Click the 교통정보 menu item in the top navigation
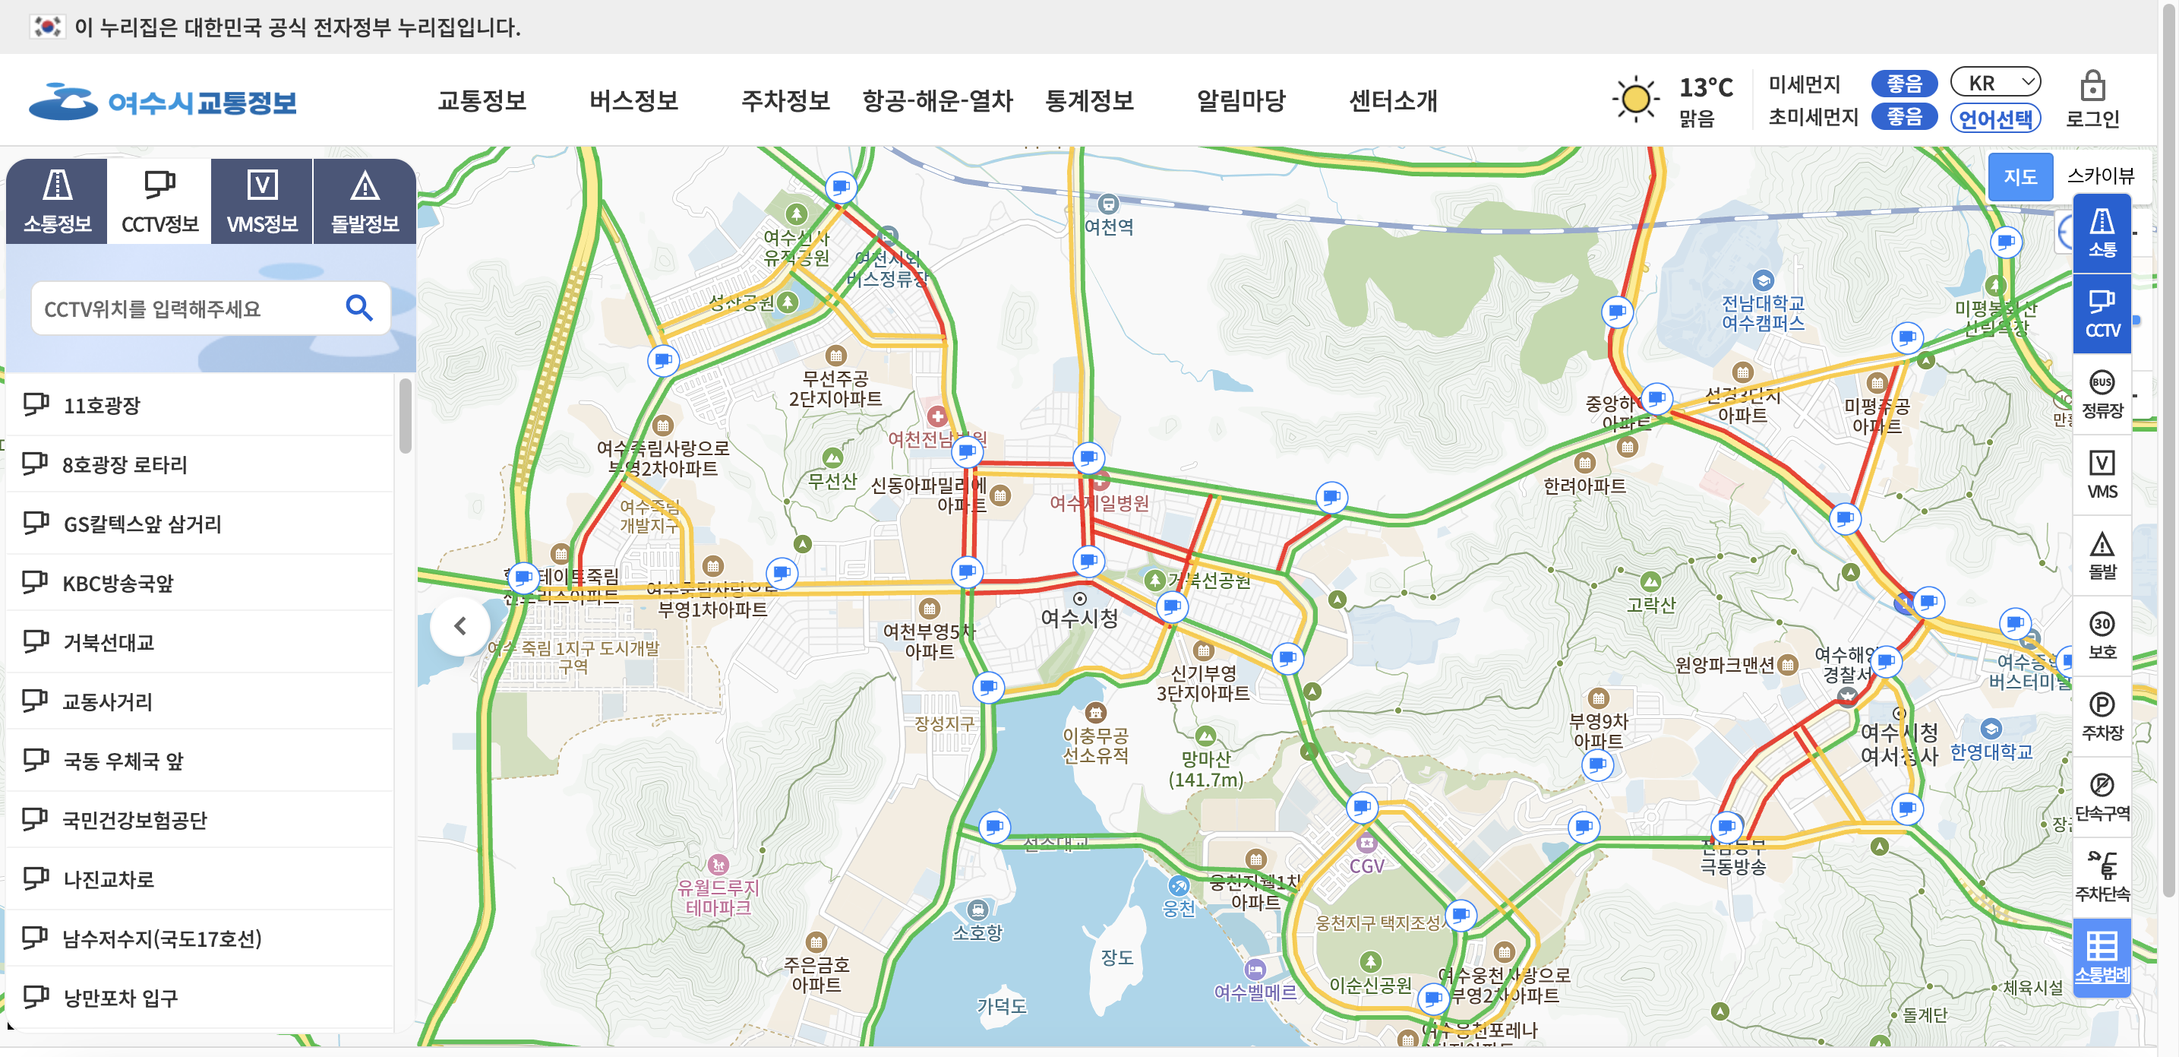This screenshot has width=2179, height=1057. (482, 101)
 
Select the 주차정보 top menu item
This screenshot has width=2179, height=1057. (785, 101)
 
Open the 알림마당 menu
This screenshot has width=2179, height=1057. (1240, 101)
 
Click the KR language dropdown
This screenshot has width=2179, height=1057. (1995, 82)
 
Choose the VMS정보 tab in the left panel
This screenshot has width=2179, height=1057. (262, 201)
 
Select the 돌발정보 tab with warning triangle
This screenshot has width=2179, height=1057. (365, 201)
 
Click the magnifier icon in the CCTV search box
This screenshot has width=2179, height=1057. (359, 308)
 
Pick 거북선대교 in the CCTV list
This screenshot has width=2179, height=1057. (109, 642)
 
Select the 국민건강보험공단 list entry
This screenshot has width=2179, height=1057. (134, 820)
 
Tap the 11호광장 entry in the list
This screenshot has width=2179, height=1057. (102, 405)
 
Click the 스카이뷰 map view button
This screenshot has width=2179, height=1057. (2099, 176)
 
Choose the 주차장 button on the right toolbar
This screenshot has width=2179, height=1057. (2102, 716)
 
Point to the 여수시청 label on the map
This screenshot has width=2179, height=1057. (1079, 618)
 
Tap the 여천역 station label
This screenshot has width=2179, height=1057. (1109, 226)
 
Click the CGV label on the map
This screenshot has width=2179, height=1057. (1366, 866)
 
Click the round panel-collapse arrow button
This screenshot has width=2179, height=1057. (460, 626)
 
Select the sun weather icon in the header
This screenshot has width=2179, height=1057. (1635, 99)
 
